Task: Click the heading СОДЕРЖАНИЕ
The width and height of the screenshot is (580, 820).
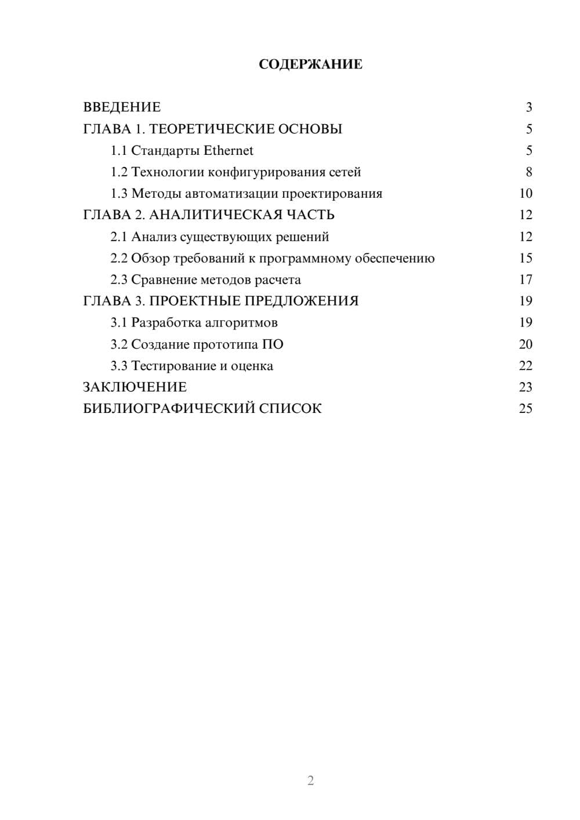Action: click(x=310, y=64)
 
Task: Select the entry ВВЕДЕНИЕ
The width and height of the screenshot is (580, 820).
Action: click(x=122, y=107)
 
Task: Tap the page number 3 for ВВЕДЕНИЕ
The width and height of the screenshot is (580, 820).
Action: click(x=528, y=107)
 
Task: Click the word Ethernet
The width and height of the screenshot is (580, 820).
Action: click(x=229, y=151)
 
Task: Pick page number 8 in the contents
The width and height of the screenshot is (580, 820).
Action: click(x=528, y=172)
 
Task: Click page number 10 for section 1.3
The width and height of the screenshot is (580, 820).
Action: click(x=525, y=194)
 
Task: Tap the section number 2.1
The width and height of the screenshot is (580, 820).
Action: click(x=119, y=237)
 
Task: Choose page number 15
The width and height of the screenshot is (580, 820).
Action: click(x=525, y=259)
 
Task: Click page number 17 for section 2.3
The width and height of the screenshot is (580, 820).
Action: click(x=525, y=280)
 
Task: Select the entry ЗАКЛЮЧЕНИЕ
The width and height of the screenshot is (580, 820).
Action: click(x=135, y=387)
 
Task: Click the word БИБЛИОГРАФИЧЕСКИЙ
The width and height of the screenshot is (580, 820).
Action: click(x=169, y=409)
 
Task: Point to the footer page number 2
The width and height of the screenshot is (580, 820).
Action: click(x=310, y=781)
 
